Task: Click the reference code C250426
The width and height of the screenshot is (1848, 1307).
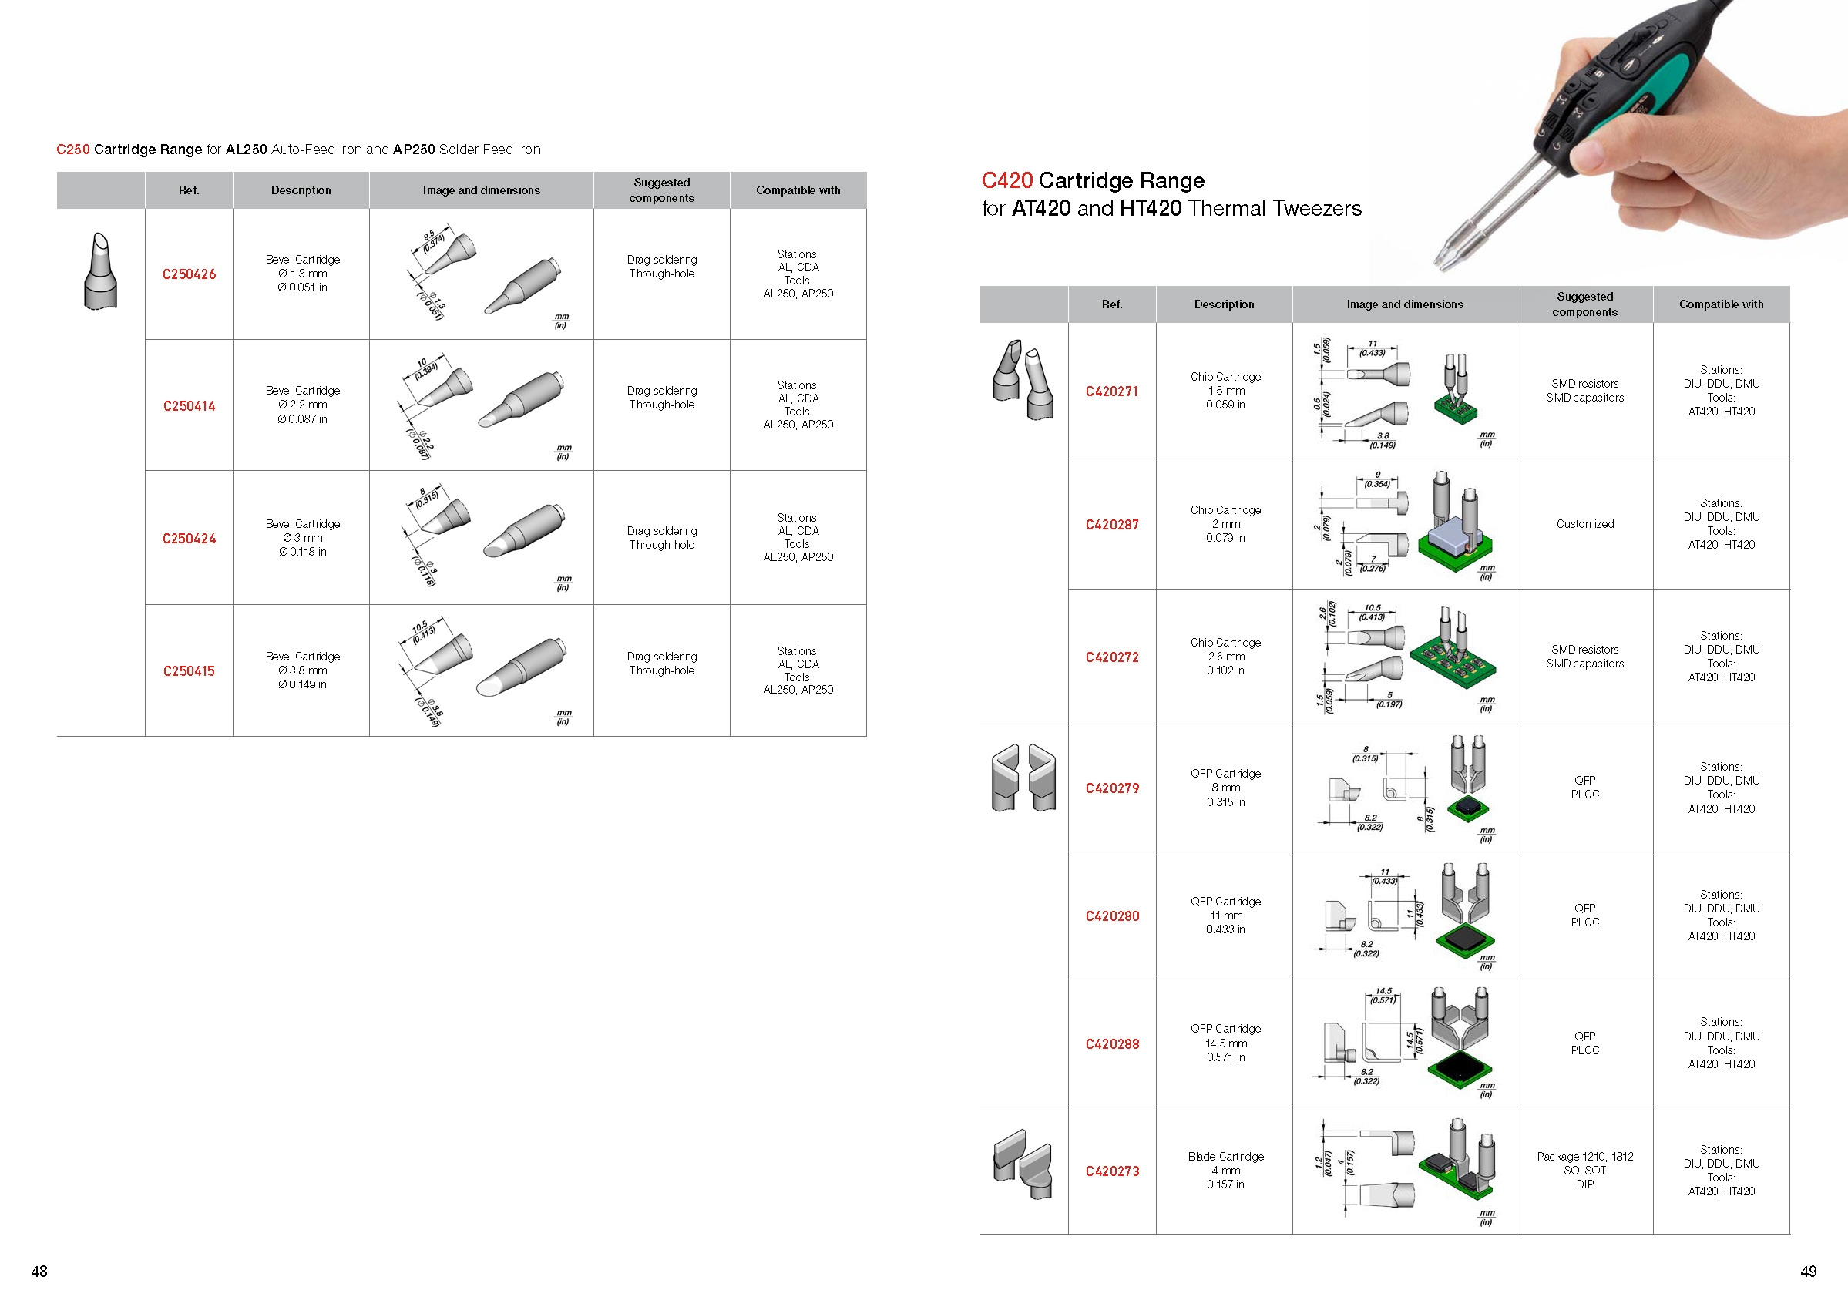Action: [x=189, y=274]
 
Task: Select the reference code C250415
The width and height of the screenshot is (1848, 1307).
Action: [x=189, y=671]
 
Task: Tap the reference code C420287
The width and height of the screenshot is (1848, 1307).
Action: [x=1111, y=525]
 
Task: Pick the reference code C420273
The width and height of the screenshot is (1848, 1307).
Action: [x=1111, y=1171]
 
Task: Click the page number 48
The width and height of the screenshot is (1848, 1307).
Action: [x=39, y=1272]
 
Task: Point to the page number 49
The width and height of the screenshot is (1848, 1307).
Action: [x=1808, y=1272]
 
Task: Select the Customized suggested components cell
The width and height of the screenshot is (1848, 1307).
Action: [x=1584, y=524]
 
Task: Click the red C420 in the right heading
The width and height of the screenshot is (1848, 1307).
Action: [x=1006, y=181]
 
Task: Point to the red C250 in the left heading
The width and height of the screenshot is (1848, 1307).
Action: [x=73, y=150]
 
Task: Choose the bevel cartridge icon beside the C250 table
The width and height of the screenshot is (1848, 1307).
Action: [x=101, y=271]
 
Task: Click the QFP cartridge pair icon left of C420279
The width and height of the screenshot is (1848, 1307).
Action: [x=1023, y=778]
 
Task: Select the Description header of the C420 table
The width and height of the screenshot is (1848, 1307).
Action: [x=1224, y=304]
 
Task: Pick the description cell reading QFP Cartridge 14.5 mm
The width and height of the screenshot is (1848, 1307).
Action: [x=1225, y=1043]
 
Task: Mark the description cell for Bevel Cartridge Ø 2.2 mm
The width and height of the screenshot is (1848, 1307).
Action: [x=302, y=405]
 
